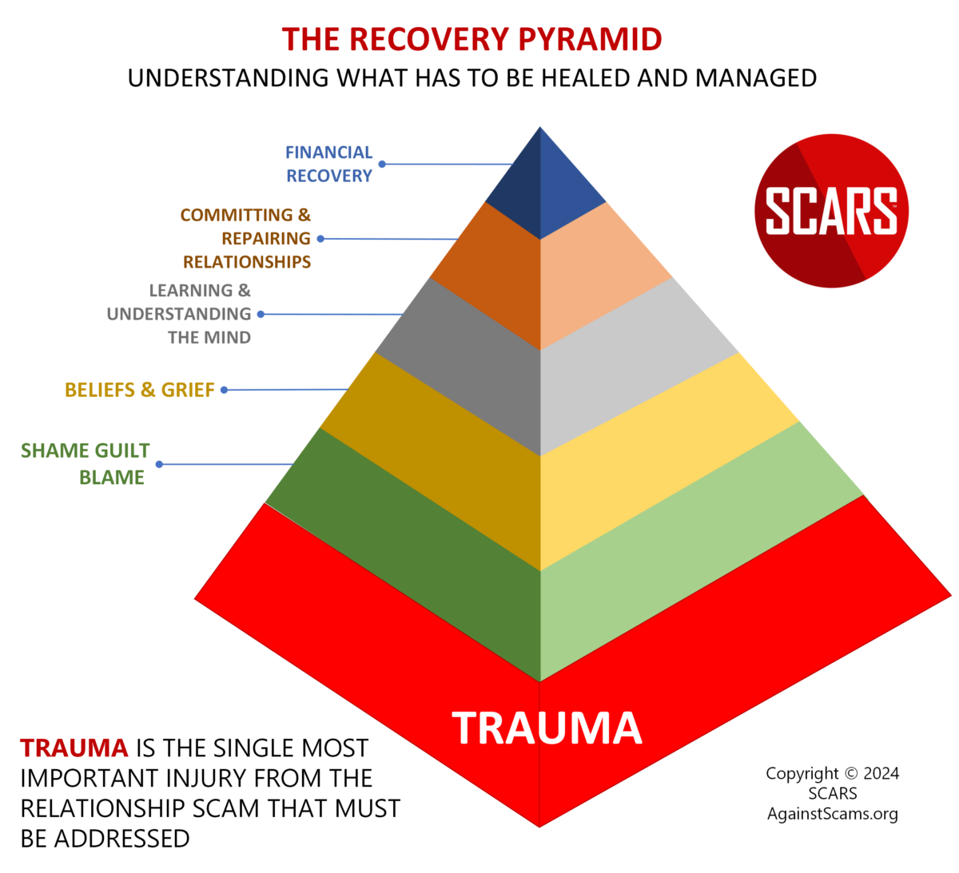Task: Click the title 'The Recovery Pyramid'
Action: click(x=472, y=39)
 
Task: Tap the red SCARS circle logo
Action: click(x=831, y=211)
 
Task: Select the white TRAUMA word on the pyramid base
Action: click(x=547, y=728)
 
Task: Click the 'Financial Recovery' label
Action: click(x=329, y=164)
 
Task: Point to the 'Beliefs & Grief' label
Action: click(x=140, y=390)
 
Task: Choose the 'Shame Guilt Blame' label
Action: click(x=86, y=463)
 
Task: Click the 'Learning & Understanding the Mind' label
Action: click(x=180, y=314)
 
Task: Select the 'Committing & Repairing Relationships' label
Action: click(x=245, y=238)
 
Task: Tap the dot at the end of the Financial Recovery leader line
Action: click(x=382, y=164)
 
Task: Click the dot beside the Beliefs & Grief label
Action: click(x=225, y=390)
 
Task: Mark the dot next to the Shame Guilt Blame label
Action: click(x=159, y=464)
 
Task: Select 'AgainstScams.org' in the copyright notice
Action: click(x=832, y=814)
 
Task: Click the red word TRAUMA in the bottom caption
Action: click(x=74, y=748)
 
